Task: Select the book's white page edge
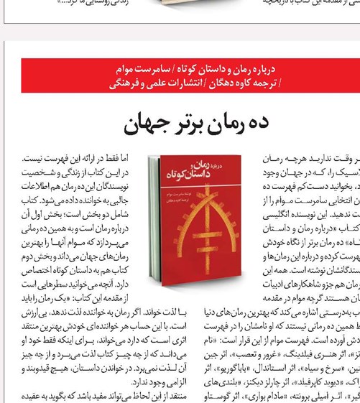[x=154, y=223]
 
